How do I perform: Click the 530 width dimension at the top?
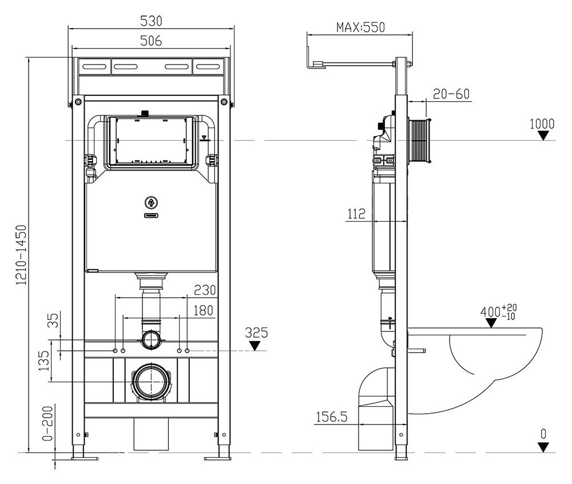click(x=152, y=21)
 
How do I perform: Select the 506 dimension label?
click(x=152, y=41)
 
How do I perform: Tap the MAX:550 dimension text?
click(x=360, y=27)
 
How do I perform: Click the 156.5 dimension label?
click(x=331, y=418)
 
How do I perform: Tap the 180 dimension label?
click(x=203, y=311)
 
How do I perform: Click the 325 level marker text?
click(x=256, y=332)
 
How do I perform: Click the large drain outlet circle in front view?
click(x=152, y=381)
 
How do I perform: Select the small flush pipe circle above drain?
click(x=152, y=339)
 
